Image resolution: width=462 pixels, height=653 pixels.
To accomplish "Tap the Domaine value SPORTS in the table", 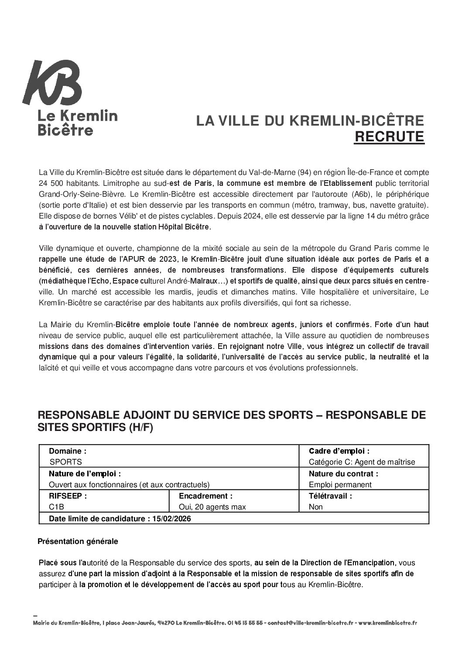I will click(x=65, y=462).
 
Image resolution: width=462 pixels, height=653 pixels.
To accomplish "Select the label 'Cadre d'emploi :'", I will click(x=339, y=451).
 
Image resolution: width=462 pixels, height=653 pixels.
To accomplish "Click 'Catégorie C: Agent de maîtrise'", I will click(x=362, y=462).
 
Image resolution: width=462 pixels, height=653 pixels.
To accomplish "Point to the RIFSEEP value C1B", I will click(x=57, y=507).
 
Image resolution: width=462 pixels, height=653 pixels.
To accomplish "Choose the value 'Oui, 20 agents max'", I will click(x=212, y=507).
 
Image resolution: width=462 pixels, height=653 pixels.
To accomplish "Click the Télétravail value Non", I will click(x=315, y=507).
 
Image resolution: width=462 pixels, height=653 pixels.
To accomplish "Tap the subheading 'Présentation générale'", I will click(x=78, y=541).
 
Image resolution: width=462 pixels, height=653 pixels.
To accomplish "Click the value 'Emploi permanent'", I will click(x=340, y=484).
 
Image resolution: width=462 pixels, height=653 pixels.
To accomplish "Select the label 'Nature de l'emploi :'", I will click(x=85, y=474).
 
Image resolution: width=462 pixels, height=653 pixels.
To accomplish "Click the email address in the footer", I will click(x=311, y=623).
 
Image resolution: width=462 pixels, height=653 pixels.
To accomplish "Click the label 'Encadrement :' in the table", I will click(x=205, y=496).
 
